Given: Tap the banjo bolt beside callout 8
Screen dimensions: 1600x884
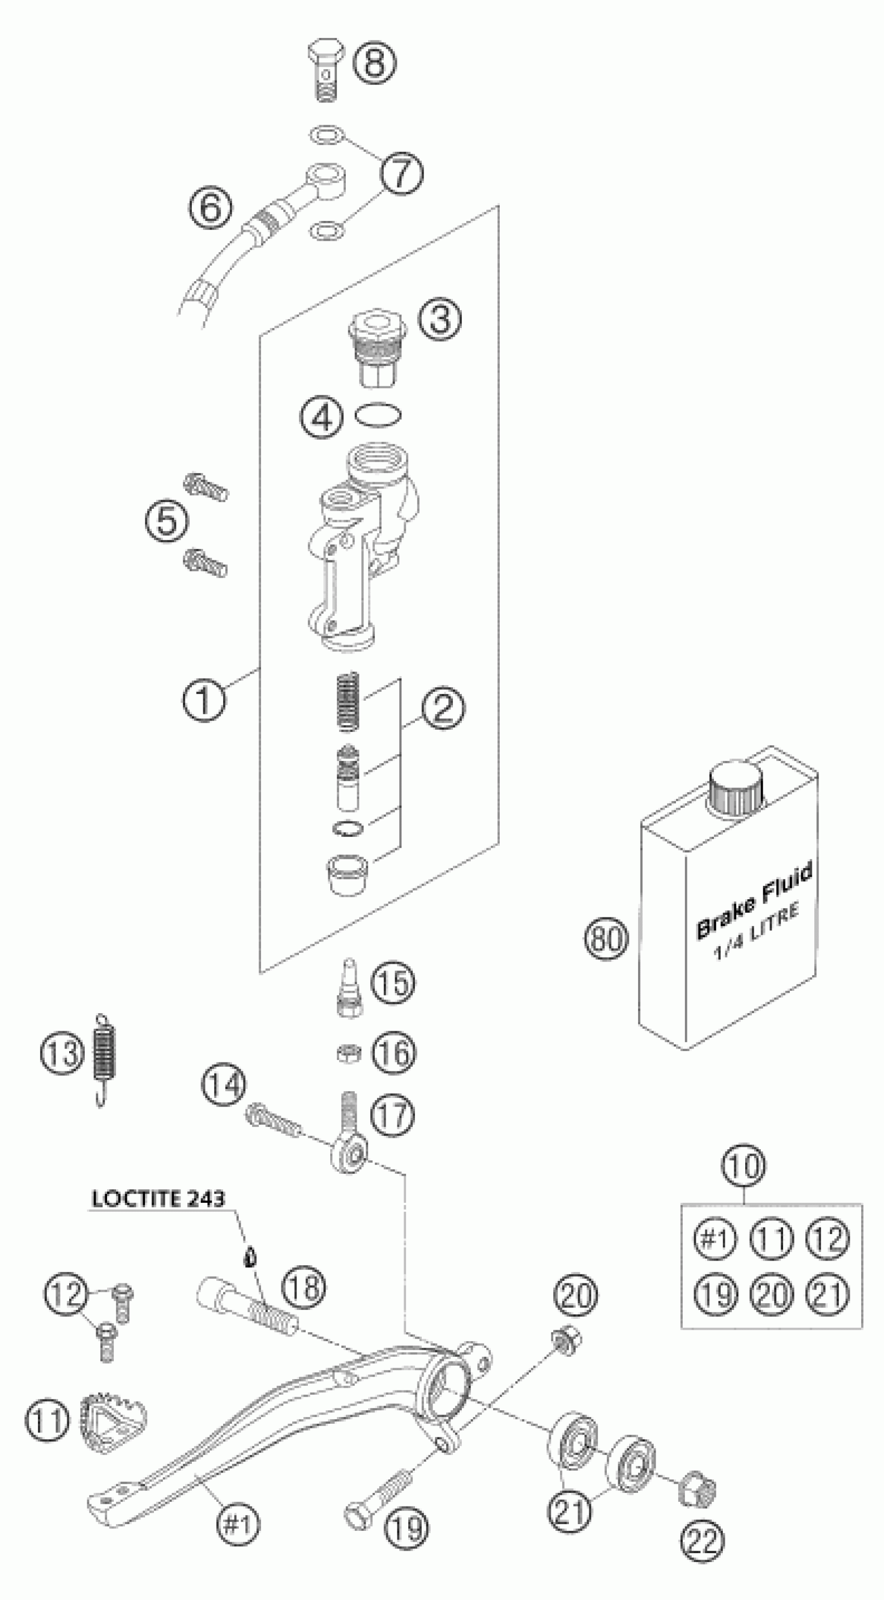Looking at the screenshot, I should point(326,73).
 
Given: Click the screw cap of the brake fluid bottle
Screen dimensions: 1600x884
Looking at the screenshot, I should point(737,788).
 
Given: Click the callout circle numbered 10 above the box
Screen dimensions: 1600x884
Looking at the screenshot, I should point(744,1166).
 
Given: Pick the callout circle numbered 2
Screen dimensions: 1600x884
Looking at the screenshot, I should point(443,708).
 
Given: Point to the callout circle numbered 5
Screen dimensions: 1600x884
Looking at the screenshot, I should point(167,520).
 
